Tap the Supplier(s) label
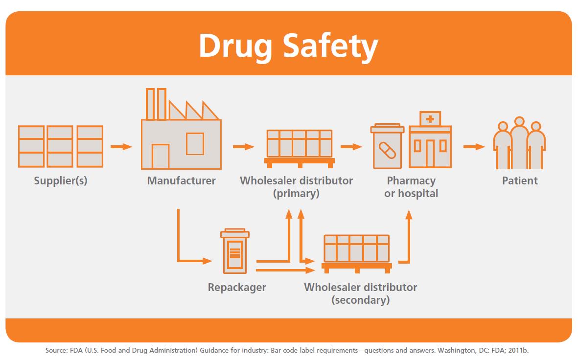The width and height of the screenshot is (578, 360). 61,181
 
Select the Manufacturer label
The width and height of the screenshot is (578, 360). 182,180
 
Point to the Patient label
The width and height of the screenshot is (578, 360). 520,180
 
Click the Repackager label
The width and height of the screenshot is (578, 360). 237,288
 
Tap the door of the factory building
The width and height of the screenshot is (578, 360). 161,157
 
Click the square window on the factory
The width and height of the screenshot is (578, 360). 195,144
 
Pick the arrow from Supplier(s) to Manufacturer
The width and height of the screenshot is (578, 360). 121,147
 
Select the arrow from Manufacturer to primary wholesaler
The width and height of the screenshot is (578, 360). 244,147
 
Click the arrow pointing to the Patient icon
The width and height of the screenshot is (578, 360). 474,147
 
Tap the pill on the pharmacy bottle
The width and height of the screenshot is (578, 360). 388,150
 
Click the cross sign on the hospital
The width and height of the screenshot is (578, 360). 430,119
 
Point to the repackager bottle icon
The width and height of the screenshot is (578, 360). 235,251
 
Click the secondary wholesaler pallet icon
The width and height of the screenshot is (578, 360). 356,254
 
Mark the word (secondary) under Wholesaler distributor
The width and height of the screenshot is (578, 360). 361,300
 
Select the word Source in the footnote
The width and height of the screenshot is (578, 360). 56,350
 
